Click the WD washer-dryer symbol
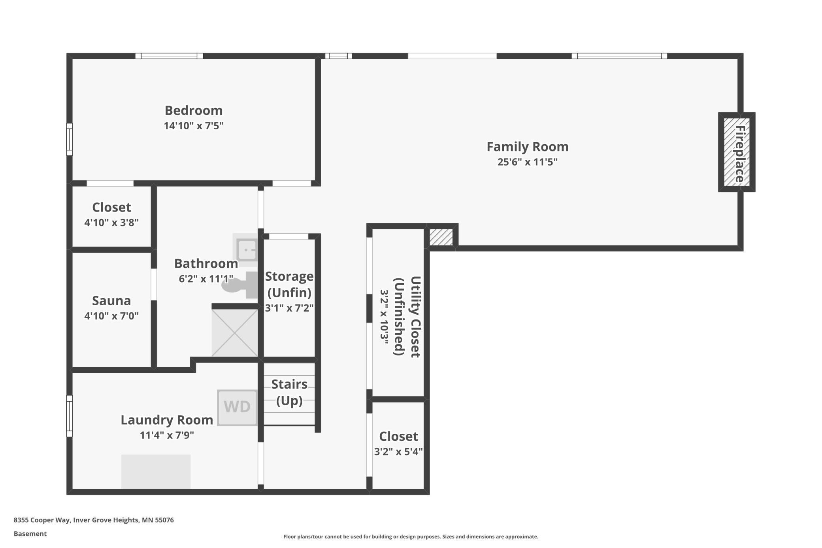point(237,408)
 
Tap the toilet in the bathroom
point(239,285)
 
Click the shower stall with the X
point(235,333)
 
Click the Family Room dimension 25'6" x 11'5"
point(528,162)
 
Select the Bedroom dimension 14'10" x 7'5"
point(194,126)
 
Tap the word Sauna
point(111,300)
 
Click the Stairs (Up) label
point(289,392)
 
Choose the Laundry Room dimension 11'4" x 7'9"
point(167,435)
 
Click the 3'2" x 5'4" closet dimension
point(398,452)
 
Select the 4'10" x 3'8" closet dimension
point(111,223)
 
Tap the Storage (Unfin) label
point(289,284)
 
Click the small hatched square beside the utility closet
point(441,237)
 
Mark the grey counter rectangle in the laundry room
point(156,472)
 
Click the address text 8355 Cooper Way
point(42,520)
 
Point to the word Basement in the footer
point(30,534)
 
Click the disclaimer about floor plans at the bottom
point(411,537)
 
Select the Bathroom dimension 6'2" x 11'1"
point(206,279)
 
